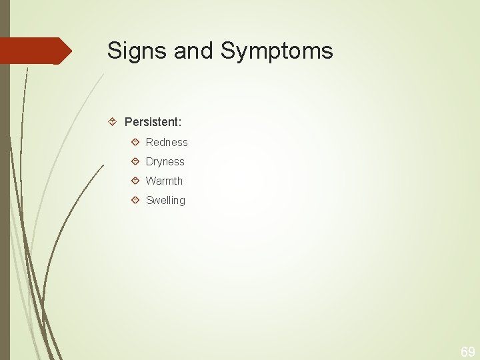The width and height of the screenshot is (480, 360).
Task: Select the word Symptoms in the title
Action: pos(277,51)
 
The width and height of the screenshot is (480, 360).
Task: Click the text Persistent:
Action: pos(153,122)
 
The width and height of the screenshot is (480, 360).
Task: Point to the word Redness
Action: pos(167,142)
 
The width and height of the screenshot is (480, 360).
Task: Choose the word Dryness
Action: pos(165,161)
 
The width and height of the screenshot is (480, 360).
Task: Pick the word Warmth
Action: pos(164,181)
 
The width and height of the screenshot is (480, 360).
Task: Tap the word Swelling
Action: pos(165,200)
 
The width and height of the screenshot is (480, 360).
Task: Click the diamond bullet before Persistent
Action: pos(113,122)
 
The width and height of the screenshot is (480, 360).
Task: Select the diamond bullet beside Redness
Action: pos(135,142)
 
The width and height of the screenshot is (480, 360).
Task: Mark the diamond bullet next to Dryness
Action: pos(135,161)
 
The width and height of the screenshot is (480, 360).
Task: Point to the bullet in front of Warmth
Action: pos(135,181)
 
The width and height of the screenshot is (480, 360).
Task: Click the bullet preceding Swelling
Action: pos(135,200)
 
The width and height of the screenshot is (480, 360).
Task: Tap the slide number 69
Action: pos(467,351)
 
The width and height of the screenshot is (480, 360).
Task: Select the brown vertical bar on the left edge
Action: pos(5,200)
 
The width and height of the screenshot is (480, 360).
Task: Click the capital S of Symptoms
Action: pos(228,51)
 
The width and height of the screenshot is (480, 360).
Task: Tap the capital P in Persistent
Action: pos(129,122)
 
